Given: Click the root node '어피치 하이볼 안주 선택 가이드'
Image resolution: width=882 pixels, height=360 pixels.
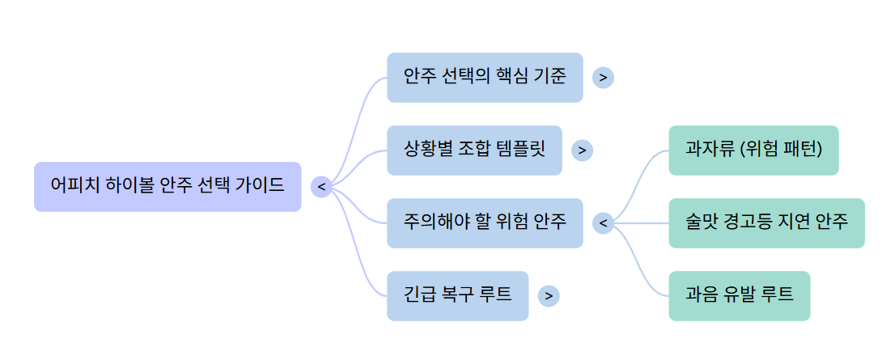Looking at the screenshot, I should coord(167,186).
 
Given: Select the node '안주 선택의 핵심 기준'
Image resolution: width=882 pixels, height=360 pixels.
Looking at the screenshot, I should coord(484,77).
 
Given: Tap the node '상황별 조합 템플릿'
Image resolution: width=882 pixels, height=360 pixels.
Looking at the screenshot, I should coord(474,150).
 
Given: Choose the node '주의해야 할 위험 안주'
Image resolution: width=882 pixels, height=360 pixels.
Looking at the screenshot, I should coord(484,222).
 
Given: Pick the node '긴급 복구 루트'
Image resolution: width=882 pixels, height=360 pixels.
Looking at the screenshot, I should coord(457,295).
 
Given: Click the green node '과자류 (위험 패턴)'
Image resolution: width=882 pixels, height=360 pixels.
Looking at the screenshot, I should coord(753,150).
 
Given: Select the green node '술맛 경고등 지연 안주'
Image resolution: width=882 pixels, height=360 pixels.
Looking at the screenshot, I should coord(766,222).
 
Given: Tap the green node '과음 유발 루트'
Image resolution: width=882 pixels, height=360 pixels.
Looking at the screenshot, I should coord(739,295).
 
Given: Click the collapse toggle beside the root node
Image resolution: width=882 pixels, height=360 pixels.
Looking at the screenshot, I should coord(321,187).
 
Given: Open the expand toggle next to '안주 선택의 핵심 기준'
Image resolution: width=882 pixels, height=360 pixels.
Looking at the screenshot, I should coord(603,78).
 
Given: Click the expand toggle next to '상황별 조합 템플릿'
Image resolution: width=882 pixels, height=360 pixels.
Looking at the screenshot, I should coord(582,150).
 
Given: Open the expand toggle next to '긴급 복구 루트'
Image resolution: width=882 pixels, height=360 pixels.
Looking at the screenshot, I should coord(549,296).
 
